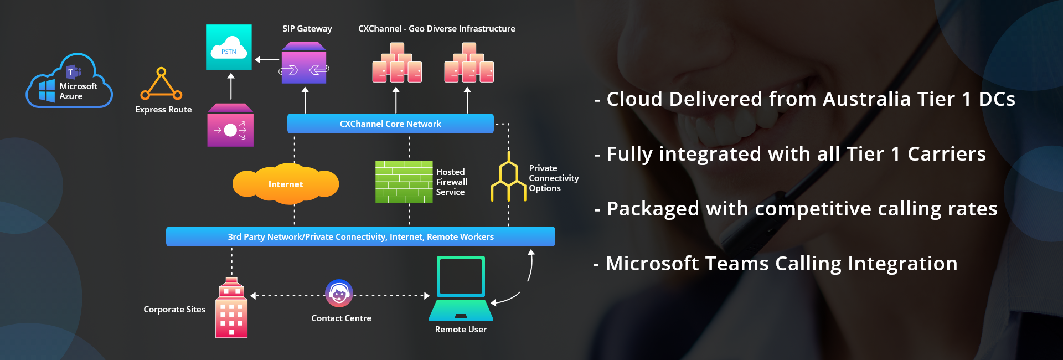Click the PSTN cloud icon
coord(229,47)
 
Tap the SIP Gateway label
coord(307,29)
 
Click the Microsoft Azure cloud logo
coord(69,82)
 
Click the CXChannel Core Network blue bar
coord(390,124)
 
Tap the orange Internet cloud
coord(286,184)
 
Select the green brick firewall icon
coord(404,182)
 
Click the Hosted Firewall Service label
coord(451,182)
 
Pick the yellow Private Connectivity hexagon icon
coord(509,177)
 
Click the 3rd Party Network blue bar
coord(360,236)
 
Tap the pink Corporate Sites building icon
coord(231,308)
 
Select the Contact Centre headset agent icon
coord(339,294)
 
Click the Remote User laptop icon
coord(461,288)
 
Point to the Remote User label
coord(461,330)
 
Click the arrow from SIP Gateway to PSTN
coord(267,60)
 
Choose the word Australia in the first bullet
coord(866,99)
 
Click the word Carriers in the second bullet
coord(947,154)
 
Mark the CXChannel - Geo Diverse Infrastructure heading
coord(436,29)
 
